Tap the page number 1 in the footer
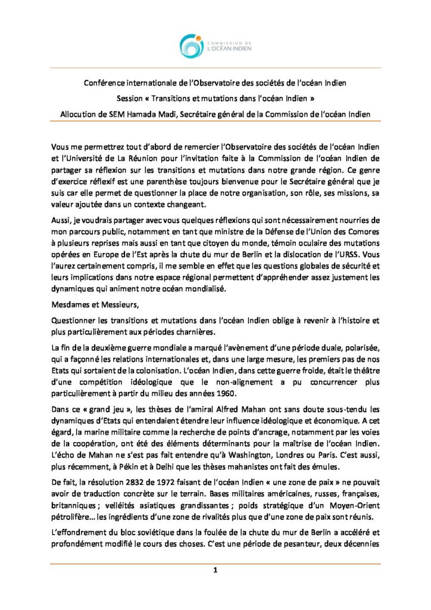(215, 570)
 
